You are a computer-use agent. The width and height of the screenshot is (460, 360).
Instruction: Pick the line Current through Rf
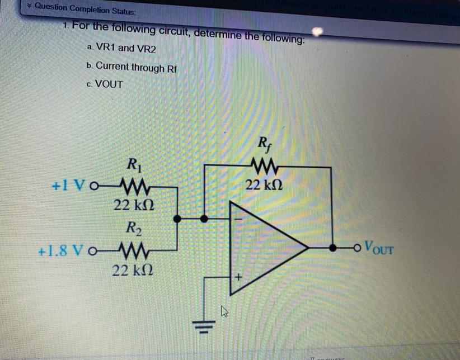point(132,67)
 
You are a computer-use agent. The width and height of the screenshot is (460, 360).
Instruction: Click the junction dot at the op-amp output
point(334,247)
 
